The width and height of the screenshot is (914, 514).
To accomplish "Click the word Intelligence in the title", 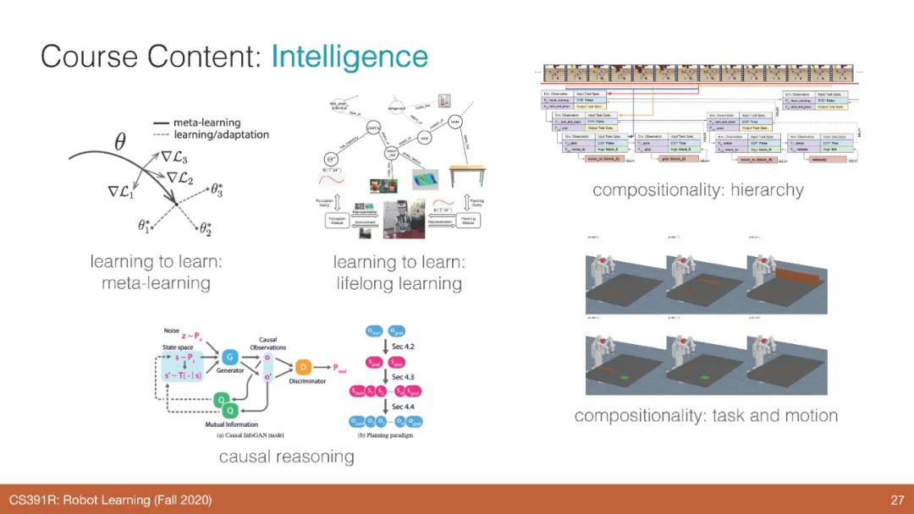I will pyautogui.click(x=350, y=57).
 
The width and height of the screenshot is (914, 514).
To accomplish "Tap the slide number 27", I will pyautogui.click(x=897, y=500).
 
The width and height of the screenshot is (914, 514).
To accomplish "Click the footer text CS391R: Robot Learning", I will pyautogui.click(x=110, y=500).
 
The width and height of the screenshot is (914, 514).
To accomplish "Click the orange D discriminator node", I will pyautogui.click(x=304, y=367).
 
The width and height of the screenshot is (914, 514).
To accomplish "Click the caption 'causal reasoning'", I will pyautogui.click(x=286, y=457).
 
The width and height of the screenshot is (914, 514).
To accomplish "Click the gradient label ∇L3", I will pyautogui.click(x=174, y=156).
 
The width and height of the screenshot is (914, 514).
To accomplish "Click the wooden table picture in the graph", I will pyautogui.click(x=462, y=177).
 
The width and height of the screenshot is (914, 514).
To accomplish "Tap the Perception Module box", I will pyautogui.click(x=340, y=221).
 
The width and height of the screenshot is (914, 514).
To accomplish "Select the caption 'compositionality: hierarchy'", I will pyautogui.click(x=697, y=190).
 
